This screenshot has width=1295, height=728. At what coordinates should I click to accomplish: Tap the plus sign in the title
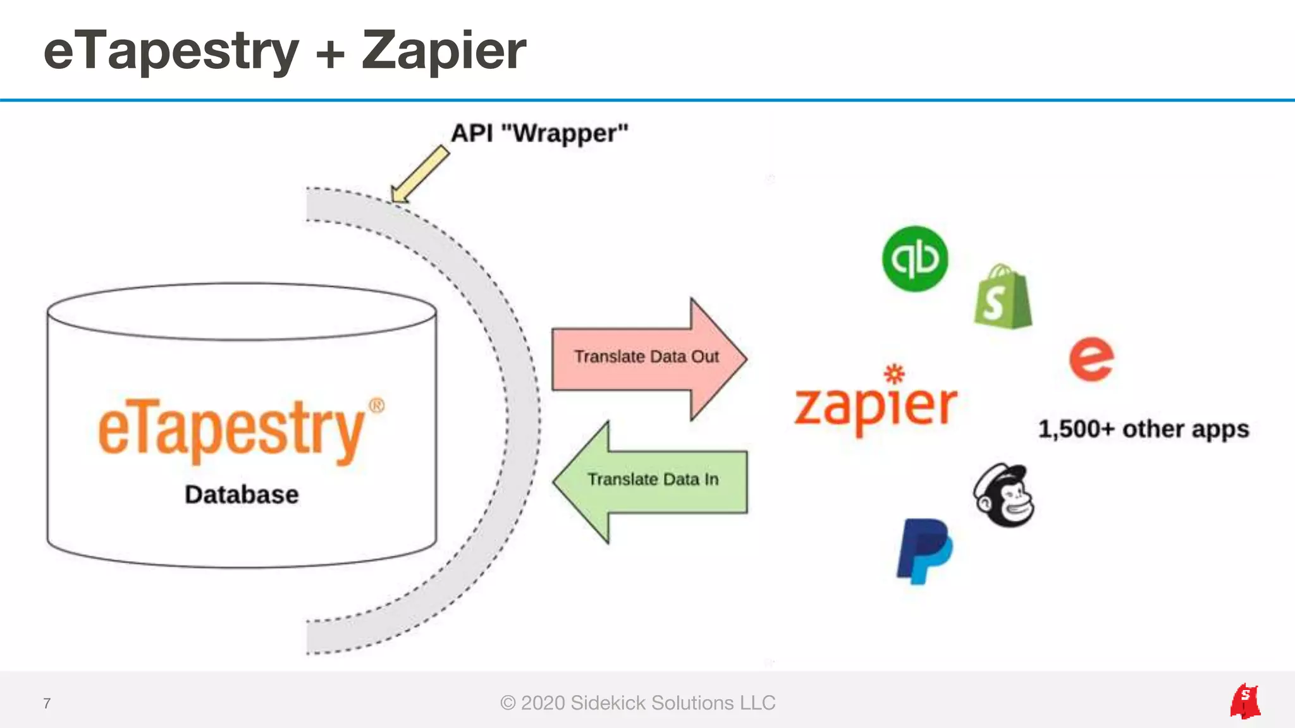330,53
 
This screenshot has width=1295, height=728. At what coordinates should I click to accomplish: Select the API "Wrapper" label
539,133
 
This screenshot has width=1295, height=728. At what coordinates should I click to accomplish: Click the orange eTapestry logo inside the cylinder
231,431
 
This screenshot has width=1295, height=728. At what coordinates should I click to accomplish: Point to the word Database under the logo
242,494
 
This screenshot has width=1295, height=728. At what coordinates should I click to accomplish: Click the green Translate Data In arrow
651,481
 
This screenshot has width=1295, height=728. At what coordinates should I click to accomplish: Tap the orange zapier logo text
876,404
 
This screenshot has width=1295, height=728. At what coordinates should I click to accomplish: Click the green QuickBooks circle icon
915,258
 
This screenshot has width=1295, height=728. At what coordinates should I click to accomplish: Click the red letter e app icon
1091,359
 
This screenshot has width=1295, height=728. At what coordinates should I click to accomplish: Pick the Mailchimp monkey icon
1004,496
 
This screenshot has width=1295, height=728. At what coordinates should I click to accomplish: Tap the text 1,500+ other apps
1143,429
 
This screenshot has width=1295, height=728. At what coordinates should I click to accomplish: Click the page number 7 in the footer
47,703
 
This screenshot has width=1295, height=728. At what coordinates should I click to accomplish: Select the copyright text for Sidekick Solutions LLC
637,703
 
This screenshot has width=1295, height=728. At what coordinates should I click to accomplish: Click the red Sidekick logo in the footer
1244,701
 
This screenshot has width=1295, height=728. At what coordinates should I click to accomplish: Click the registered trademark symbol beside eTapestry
377,405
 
